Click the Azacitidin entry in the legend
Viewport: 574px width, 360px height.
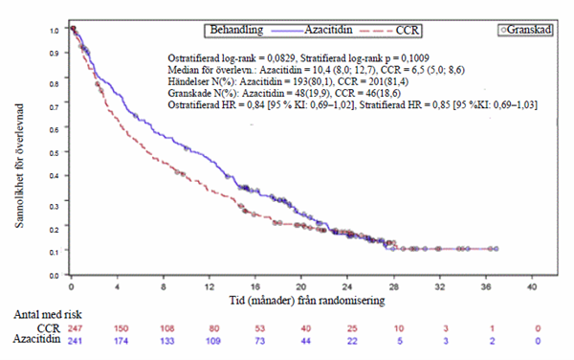pos(312,30)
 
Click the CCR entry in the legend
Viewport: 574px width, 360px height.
pos(389,31)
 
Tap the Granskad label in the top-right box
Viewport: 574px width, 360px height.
pos(529,30)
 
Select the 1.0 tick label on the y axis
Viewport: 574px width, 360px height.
pos(55,31)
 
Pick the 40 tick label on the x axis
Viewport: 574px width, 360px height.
pos(532,286)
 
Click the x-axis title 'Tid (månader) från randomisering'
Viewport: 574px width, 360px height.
pos(307,301)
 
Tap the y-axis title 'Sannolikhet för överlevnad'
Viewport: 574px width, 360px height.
pos(19,166)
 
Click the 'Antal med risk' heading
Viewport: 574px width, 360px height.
pos(48,314)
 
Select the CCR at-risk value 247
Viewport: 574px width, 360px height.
pos(75,328)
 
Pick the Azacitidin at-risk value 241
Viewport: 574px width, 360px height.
pos(75,341)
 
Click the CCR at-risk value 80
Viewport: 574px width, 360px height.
pos(213,328)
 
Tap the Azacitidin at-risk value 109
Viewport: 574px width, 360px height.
pos(213,341)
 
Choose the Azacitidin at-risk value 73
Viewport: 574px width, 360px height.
pos(260,341)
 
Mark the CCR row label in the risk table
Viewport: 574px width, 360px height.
pos(49,327)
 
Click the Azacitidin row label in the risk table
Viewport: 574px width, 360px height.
pos(37,339)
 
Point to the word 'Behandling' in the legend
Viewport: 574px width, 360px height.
pos(236,30)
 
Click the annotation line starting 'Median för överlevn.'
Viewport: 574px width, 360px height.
pos(317,70)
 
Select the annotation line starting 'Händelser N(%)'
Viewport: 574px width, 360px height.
pos(288,81)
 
